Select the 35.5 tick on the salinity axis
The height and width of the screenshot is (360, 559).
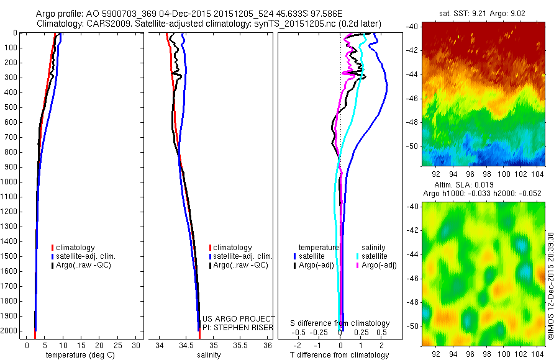coord(239,345)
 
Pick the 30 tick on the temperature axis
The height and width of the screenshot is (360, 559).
coord(137,345)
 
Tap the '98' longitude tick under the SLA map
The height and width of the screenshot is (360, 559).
coord(482,353)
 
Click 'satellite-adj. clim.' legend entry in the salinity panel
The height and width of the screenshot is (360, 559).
coord(242,256)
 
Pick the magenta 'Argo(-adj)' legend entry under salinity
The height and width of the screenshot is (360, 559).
coord(379,265)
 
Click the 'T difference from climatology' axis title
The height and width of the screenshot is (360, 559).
coord(340,356)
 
